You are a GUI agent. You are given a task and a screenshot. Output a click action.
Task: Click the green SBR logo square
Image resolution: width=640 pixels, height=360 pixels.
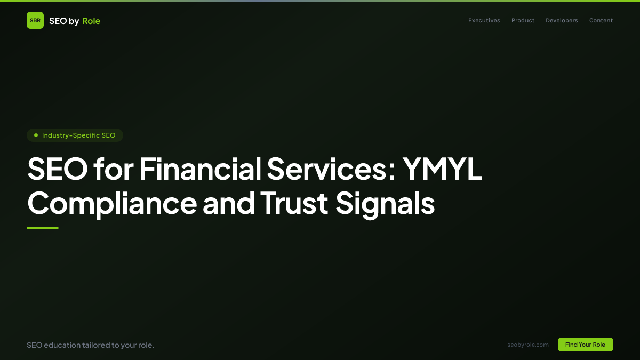(35, 20)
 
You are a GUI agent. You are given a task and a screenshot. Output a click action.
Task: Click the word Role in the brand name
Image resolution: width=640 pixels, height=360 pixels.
(91, 21)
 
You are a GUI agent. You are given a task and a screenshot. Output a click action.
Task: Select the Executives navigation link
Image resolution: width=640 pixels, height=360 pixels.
(484, 20)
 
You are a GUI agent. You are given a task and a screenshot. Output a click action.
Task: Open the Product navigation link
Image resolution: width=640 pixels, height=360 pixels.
(523, 20)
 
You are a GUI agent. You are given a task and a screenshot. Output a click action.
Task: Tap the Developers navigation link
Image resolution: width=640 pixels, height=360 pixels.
(562, 20)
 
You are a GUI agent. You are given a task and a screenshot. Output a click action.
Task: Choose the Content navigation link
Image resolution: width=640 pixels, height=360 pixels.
(601, 20)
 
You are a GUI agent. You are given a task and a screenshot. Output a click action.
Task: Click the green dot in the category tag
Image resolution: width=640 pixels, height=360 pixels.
(36, 135)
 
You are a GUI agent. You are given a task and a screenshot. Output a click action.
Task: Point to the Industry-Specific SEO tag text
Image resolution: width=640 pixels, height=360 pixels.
(78, 135)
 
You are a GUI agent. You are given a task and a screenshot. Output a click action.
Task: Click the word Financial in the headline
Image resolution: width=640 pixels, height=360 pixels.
(201, 169)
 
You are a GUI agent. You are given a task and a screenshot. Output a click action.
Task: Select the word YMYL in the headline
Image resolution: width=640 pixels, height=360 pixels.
(442, 169)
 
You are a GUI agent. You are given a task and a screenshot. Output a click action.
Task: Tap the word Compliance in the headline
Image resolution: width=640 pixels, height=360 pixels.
(112, 203)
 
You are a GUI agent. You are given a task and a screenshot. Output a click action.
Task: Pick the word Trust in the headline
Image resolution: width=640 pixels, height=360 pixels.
(294, 203)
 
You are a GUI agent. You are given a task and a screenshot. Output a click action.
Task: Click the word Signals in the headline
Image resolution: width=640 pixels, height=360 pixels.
(385, 203)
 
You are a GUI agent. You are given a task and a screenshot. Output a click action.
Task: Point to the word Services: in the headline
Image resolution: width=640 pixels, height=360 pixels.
(331, 169)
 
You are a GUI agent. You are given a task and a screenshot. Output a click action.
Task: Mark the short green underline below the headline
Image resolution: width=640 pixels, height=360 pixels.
(43, 228)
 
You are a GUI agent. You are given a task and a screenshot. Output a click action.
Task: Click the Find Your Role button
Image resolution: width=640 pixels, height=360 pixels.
(585, 345)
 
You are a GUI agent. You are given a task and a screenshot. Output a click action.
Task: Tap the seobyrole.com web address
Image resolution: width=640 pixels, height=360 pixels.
(528, 345)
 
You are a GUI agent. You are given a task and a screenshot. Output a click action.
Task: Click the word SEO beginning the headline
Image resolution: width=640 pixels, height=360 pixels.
(57, 169)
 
